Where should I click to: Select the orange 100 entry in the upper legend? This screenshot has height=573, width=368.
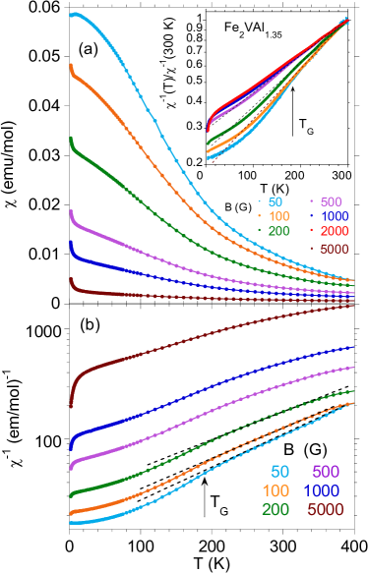(x=278, y=216)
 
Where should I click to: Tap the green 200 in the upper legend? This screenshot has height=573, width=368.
(x=278, y=232)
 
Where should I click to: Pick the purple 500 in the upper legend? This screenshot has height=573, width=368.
(x=332, y=201)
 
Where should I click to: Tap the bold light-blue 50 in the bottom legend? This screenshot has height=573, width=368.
(x=279, y=473)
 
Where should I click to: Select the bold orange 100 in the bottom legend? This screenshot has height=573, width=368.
(x=276, y=491)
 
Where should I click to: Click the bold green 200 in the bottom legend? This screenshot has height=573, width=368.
(x=276, y=510)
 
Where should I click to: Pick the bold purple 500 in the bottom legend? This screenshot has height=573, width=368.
(x=326, y=473)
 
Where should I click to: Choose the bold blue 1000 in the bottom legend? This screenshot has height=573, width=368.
(x=324, y=491)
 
